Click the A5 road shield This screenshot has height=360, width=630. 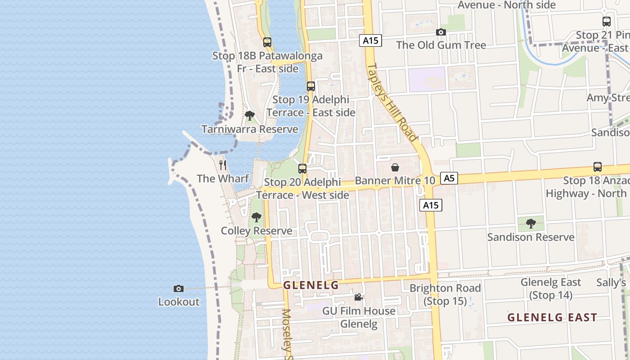[x=449, y=178]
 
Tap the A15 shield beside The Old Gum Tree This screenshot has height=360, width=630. [x=371, y=40]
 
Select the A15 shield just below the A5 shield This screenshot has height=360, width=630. [x=431, y=205]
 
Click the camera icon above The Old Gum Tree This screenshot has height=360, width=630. [x=441, y=32]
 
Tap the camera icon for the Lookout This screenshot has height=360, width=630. [x=179, y=288]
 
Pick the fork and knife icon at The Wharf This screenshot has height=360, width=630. [x=223, y=165]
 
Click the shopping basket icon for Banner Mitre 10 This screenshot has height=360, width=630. [x=395, y=167]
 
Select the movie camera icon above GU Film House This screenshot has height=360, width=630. [x=358, y=297]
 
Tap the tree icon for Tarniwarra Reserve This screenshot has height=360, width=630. [x=250, y=116]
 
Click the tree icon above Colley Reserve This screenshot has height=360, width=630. [x=256, y=217]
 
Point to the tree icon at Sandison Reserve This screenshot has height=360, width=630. [x=531, y=223]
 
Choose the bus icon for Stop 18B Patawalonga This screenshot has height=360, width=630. [x=267, y=42]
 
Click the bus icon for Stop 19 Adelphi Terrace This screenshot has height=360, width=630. [x=310, y=86]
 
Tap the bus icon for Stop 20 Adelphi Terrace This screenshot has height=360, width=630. [x=302, y=169]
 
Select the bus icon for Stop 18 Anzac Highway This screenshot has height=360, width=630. [x=598, y=167]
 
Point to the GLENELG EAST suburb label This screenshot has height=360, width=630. [x=552, y=317]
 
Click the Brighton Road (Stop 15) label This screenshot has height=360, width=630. [x=445, y=294]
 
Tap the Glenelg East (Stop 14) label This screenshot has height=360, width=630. [x=551, y=288]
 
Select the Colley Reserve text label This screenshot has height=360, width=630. [x=256, y=231]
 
